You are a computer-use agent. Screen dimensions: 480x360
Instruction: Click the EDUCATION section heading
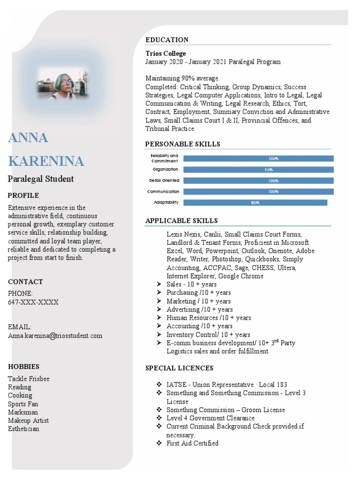167,40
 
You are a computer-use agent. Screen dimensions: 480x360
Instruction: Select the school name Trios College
165,53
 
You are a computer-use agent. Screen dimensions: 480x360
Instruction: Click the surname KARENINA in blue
46,161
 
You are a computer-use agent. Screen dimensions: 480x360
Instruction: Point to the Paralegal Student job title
41,179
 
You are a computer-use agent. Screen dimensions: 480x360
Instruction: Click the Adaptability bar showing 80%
255,202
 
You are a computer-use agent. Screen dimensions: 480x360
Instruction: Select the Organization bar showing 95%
258,170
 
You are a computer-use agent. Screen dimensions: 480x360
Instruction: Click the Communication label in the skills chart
163,191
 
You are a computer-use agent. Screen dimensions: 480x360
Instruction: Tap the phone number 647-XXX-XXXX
33,302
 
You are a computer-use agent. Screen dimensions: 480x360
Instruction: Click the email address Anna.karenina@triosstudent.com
55,336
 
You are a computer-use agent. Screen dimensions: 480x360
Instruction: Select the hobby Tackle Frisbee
29,379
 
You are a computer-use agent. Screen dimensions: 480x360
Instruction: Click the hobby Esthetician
23,429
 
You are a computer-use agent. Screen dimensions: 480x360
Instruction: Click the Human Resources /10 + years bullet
209,318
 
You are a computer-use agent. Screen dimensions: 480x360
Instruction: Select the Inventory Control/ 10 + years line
208,335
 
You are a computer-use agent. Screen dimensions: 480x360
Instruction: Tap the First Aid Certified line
192,443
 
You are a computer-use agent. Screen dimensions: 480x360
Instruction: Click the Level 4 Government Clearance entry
210,418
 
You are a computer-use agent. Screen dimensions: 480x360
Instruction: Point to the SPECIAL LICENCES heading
180,368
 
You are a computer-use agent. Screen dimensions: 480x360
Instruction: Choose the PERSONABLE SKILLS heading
182,144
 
